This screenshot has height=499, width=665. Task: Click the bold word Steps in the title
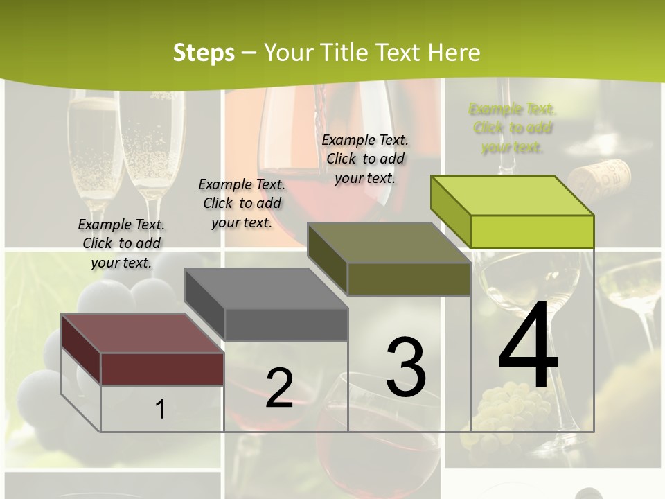point(204,53)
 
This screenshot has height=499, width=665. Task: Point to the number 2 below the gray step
point(279,388)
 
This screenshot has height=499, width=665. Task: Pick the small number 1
point(161,409)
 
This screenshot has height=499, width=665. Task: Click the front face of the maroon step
point(162,369)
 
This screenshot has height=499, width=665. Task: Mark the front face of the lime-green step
point(532,231)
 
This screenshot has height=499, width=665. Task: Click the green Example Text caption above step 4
point(512,128)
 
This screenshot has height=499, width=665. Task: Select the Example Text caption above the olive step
point(365,159)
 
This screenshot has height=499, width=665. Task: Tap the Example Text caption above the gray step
point(242,203)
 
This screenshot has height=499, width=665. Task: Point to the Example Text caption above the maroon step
point(121,243)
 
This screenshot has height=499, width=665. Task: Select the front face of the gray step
point(285,324)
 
